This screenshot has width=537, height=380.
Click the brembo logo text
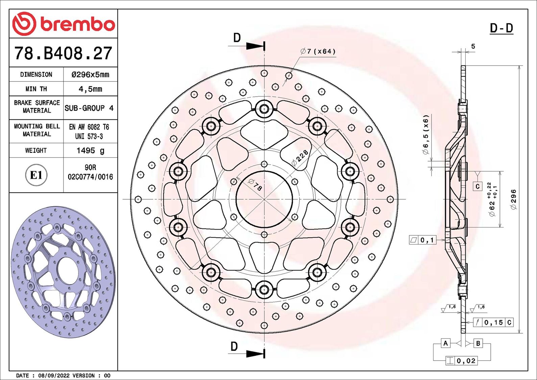pos(77,24)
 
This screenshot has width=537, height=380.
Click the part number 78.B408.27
pos(63,53)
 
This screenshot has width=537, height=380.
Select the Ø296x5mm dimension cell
pos(90,74)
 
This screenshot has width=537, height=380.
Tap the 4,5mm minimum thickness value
pos(90,89)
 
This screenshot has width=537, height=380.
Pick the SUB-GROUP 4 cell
pos(89,108)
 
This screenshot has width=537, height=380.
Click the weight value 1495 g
pos(90,150)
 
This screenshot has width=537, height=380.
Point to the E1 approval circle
pos(36,175)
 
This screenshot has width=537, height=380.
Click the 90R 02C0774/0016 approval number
pos(90,172)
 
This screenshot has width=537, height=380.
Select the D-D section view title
pos(502,28)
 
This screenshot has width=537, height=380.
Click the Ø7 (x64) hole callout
pos(318,51)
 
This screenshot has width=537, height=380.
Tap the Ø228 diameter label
pos(300,157)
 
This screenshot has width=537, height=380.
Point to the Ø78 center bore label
pos(255,185)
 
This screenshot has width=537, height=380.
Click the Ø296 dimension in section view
pos(513,199)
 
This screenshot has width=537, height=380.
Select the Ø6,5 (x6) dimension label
pos(425,134)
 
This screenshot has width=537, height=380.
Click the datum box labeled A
pos(446,343)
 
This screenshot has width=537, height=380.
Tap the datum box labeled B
pos(478,343)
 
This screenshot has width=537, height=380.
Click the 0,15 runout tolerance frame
pos(493,323)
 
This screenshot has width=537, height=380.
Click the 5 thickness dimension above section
pos(473,46)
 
